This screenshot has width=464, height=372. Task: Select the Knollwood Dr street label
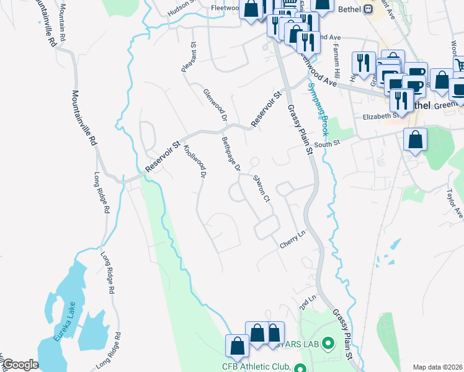(x=194, y=161)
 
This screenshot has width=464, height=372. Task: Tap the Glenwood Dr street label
(x=215, y=104)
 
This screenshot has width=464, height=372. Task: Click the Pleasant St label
(x=189, y=58)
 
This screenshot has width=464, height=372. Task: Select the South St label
(x=328, y=144)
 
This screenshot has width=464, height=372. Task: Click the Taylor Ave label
(x=454, y=203)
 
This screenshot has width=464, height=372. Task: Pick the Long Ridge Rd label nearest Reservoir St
(x=103, y=193)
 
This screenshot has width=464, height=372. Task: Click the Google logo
(x=20, y=365)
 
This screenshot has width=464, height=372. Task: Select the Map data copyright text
(x=438, y=366)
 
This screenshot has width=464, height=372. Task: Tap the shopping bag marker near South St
(x=415, y=141)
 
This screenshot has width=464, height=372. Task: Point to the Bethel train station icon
(x=367, y=9)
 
